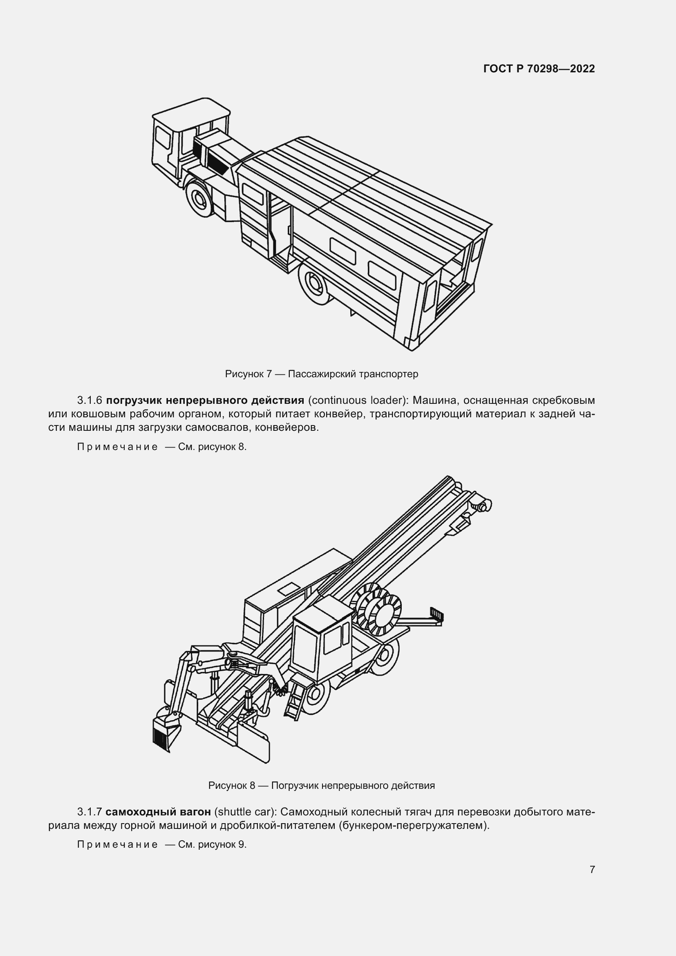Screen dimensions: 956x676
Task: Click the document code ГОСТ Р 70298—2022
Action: [x=539, y=69]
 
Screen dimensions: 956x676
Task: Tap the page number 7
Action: [x=592, y=869]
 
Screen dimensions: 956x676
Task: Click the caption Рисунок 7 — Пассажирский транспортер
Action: [x=321, y=374]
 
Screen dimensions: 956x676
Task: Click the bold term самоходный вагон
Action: [x=158, y=812]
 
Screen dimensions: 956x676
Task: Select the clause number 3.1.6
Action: [x=90, y=401]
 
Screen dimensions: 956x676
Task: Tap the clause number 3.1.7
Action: [x=90, y=812]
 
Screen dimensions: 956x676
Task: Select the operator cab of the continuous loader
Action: [x=322, y=641]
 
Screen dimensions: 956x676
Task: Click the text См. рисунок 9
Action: [x=212, y=844]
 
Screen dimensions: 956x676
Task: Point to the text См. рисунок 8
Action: [x=212, y=447]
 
